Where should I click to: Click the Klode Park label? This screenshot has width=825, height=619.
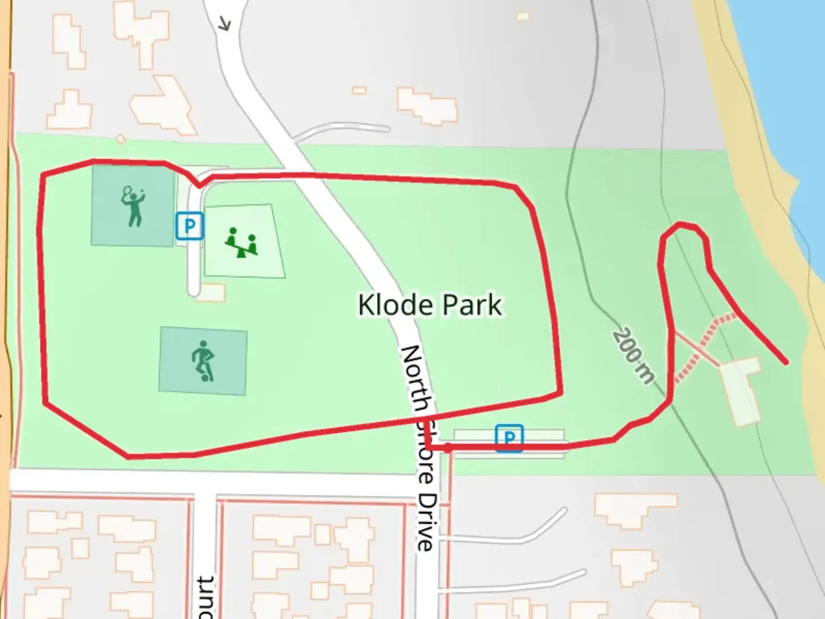tap(430, 304)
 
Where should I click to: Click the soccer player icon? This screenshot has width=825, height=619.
tap(203, 361)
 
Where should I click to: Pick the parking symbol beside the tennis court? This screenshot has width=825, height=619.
tap(190, 226)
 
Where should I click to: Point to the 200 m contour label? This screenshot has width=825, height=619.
tap(633, 355)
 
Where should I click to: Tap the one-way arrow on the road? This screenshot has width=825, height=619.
tap(225, 24)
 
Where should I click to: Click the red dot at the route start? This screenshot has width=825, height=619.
tap(447, 448)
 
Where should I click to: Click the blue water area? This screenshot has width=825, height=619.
tap(791, 86)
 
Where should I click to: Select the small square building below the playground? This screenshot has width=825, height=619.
tap(213, 293)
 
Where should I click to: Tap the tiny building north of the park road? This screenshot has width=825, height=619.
tap(359, 90)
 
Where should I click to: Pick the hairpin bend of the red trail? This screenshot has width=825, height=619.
tap(682, 226)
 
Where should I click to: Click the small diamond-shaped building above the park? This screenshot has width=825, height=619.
tap(120, 139)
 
